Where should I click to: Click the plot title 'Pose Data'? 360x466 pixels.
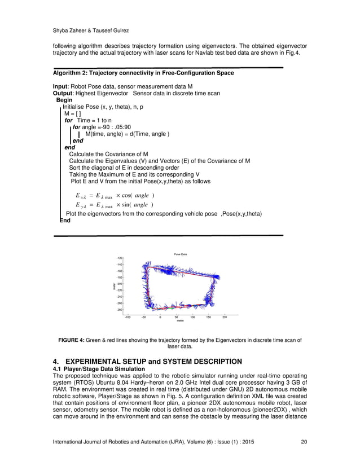tap(179, 254)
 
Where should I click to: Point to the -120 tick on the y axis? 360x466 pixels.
tap(119, 258)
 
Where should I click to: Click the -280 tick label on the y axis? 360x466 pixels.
tap(119, 310)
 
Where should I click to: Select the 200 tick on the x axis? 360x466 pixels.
tap(224, 317)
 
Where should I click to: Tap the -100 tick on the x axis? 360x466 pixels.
tap(128, 317)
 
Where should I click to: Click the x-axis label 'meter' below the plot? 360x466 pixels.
tap(179, 321)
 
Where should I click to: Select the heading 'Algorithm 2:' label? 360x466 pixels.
tap(71, 73)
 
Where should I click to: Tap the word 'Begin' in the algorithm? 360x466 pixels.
tap(64, 99)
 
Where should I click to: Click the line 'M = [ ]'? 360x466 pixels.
tap(73, 113)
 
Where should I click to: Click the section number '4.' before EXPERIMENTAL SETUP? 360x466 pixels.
tap(56, 361)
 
